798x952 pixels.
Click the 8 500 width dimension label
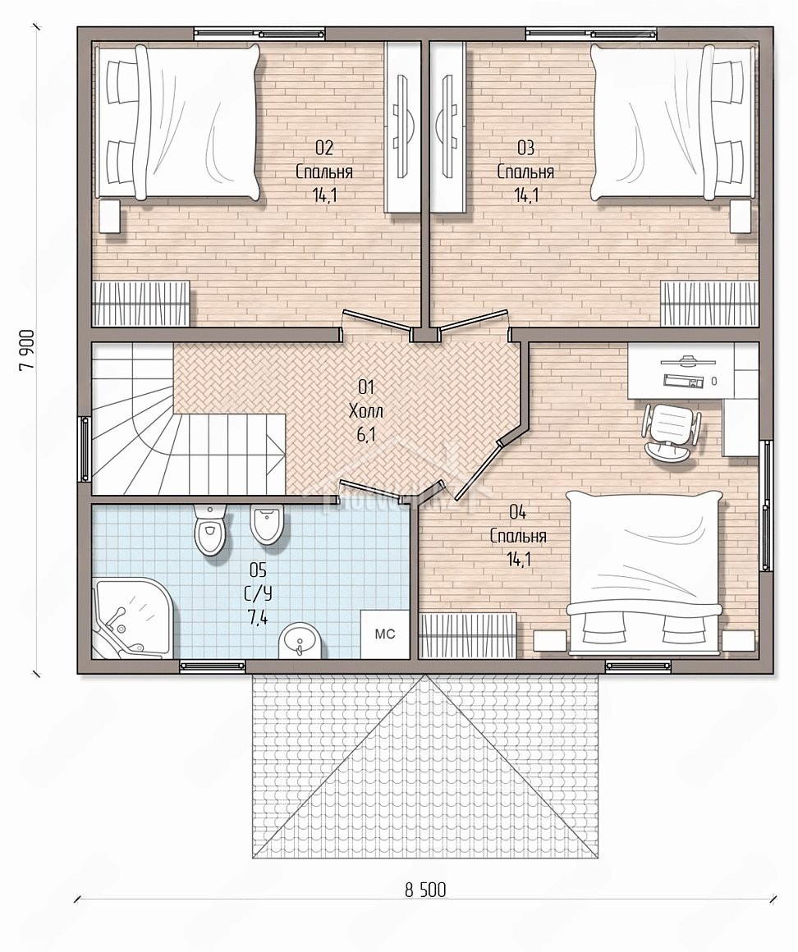click(x=425, y=890)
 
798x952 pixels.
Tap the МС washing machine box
click(x=385, y=634)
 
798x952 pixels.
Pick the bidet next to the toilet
click(x=266, y=524)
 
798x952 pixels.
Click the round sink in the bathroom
click(x=302, y=641)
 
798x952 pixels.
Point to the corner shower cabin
click(x=131, y=620)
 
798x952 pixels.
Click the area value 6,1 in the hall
click(x=366, y=434)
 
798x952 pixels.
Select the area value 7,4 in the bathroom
click(x=259, y=618)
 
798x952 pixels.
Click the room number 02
click(x=324, y=148)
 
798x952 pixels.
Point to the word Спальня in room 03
click(x=526, y=172)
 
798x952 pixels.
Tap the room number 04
click(x=517, y=512)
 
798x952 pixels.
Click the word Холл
click(x=366, y=411)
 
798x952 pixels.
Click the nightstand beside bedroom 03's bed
click(x=741, y=217)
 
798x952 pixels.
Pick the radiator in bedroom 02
click(x=141, y=303)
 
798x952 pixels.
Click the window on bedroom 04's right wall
click(x=767, y=506)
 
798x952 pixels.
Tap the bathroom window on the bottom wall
click(x=213, y=666)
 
